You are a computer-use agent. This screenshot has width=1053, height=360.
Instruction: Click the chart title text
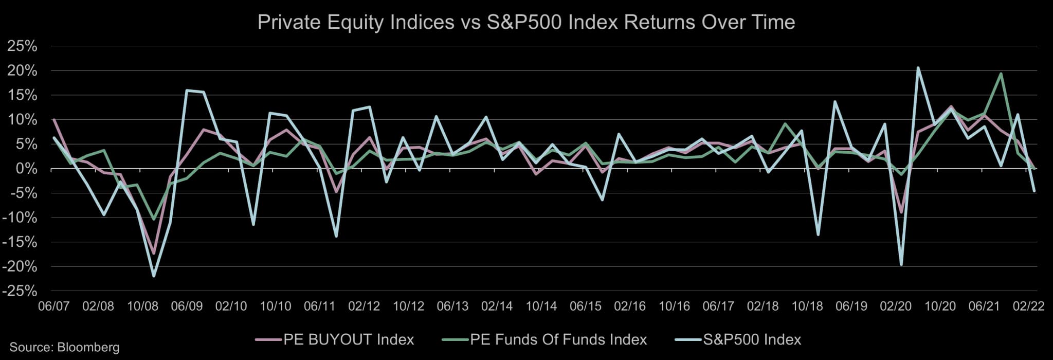(526, 22)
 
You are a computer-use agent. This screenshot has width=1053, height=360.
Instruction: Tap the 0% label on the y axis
(26, 169)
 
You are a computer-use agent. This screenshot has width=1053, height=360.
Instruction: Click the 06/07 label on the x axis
(54, 306)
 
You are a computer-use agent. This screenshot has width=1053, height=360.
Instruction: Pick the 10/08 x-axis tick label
(142, 306)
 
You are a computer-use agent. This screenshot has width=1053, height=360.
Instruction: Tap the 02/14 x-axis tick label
(497, 306)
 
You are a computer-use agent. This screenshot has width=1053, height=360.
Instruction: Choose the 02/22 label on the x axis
(1028, 306)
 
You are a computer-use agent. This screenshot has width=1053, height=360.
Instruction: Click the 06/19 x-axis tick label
(851, 306)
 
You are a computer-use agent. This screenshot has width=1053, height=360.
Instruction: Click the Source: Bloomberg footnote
(64, 347)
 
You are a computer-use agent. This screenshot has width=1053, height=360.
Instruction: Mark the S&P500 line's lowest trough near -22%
(154, 276)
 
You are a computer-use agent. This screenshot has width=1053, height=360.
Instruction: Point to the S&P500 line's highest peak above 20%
(918, 68)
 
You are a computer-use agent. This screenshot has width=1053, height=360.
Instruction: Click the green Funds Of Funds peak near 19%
(1001, 74)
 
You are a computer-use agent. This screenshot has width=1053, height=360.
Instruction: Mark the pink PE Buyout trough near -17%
(154, 254)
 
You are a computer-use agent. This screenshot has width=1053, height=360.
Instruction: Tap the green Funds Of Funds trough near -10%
(154, 219)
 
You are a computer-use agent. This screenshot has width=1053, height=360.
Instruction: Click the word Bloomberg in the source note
(88, 347)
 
